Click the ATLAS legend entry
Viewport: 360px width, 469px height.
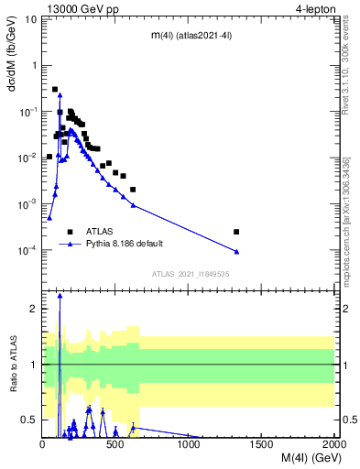pyautogui.click(x=100, y=232)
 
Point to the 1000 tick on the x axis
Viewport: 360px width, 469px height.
pyautogui.click(x=188, y=444)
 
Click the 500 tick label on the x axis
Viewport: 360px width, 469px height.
pyautogui.click(x=115, y=444)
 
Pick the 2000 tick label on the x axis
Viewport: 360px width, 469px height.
pyautogui.click(x=333, y=444)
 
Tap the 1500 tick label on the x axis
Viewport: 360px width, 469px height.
pyautogui.click(x=261, y=444)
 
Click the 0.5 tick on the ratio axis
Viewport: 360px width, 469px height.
pyautogui.click(x=31, y=420)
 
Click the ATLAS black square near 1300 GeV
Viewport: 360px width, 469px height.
pyautogui.click(x=236, y=232)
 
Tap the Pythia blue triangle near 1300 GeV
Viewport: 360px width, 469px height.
pyautogui.click(x=236, y=251)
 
